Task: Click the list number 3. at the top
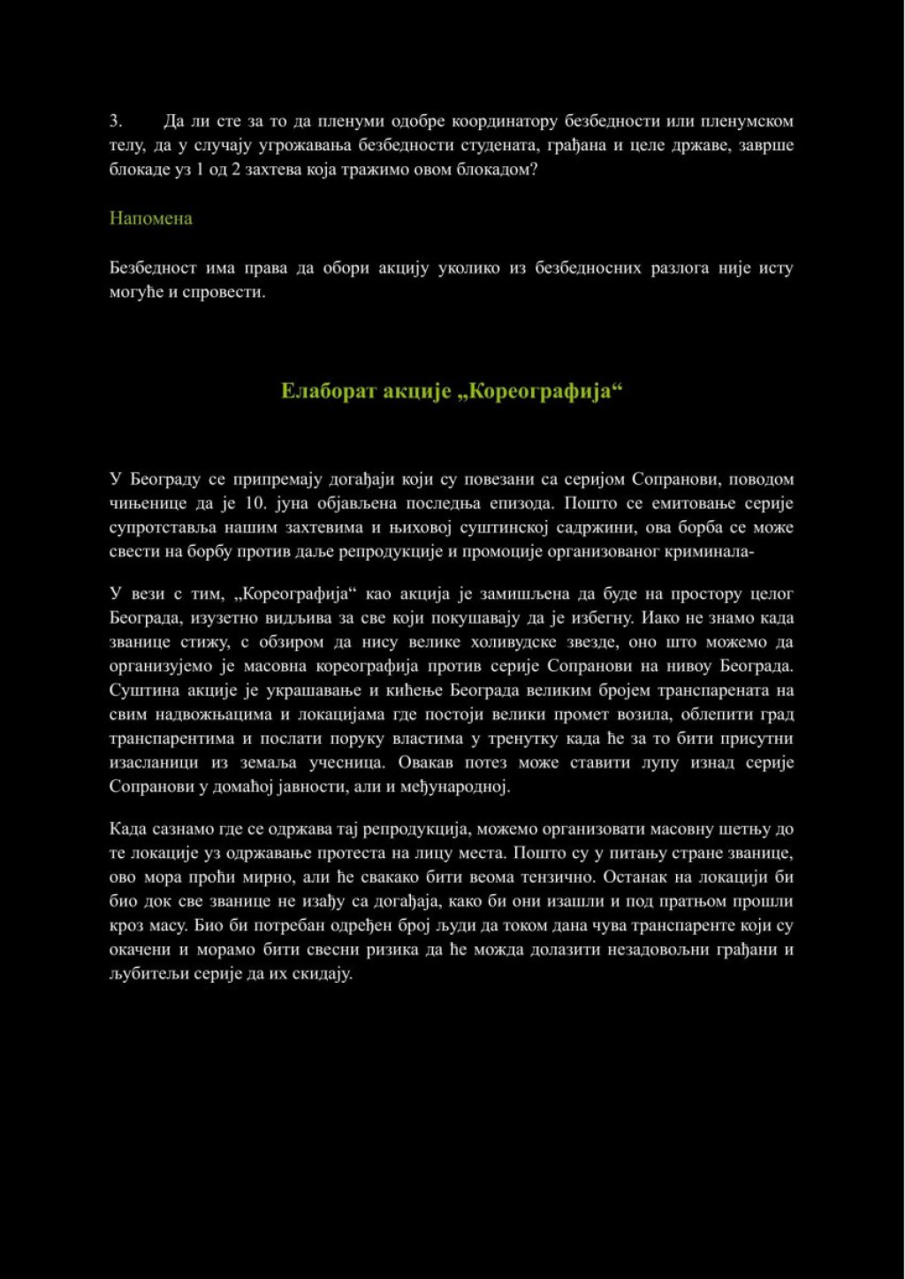[x=115, y=121]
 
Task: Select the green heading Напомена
[x=150, y=218]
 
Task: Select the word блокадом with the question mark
[x=502, y=169]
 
